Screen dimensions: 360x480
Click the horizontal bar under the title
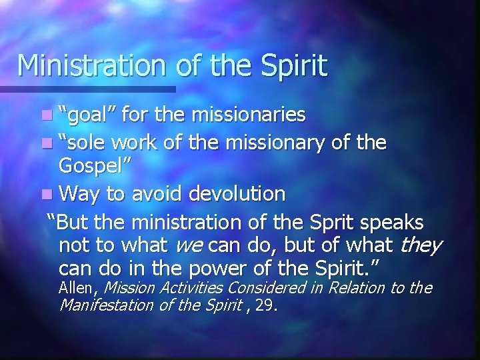87,88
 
